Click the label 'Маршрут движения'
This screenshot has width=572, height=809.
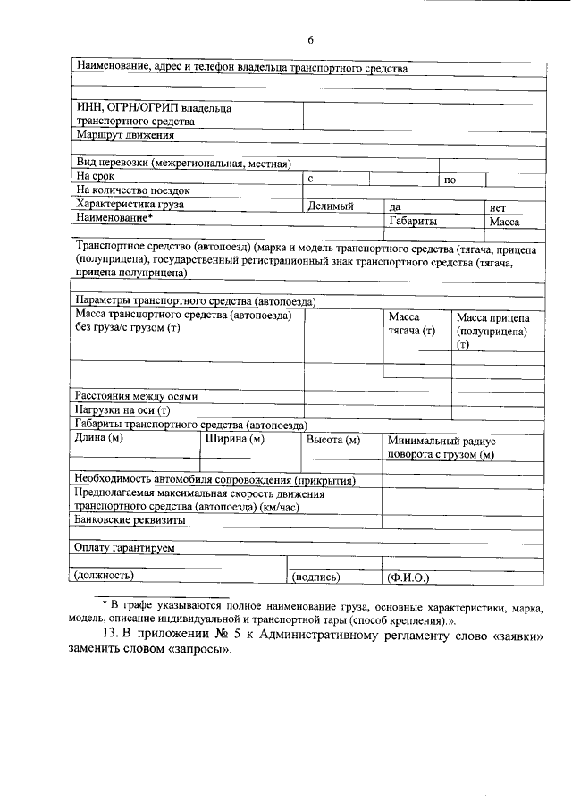click(x=125, y=135)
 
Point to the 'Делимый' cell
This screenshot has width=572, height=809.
click(x=331, y=206)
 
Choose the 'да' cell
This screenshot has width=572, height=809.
click(x=394, y=206)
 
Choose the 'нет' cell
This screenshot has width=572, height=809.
click(x=498, y=206)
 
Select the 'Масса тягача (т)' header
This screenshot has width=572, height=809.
click(x=411, y=324)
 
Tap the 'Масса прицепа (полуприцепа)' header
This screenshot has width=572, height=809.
click(x=492, y=331)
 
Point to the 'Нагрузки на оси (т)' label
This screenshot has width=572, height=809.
click(x=122, y=410)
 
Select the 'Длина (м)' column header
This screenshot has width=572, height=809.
click(x=99, y=439)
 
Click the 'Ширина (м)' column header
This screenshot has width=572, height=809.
click(x=235, y=439)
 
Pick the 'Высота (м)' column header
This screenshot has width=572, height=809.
click(x=332, y=440)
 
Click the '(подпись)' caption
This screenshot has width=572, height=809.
click(x=316, y=577)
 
